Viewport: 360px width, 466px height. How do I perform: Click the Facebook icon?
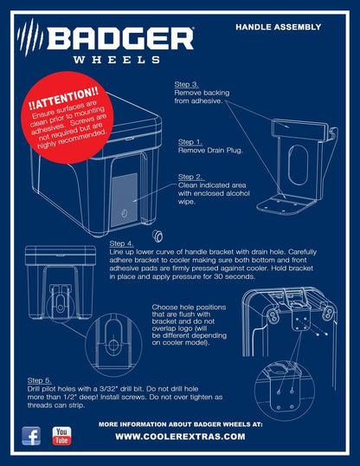[31, 436]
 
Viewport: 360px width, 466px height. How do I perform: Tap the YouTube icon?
[61, 436]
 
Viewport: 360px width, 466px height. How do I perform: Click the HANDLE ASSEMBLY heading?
[279, 27]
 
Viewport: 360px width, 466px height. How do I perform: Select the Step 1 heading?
[190, 142]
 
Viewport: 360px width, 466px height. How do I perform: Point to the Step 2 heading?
[191, 177]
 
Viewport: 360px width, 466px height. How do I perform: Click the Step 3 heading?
[187, 84]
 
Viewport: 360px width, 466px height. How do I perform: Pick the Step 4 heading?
[121, 243]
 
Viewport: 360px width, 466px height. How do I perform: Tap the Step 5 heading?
[40, 380]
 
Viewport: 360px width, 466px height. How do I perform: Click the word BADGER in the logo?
[120, 38]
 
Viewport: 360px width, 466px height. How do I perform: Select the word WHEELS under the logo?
[117, 60]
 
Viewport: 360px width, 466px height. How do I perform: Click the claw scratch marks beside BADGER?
[29, 37]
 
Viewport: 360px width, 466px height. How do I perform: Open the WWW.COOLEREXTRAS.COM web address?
[180, 437]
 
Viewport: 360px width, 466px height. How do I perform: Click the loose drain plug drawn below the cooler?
[157, 236]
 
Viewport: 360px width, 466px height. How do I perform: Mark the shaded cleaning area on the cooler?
[124, 200]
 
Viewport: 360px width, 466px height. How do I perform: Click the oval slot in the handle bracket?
[298, 165]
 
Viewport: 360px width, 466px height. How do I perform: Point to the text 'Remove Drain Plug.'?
[210, 151]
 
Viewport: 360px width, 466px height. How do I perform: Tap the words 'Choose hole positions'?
[189, 307]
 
